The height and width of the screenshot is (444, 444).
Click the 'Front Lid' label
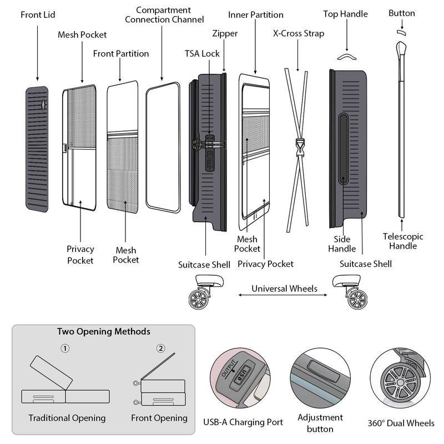click(x=38, y=14)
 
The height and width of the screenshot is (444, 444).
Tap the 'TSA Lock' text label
click(x=202, y=54)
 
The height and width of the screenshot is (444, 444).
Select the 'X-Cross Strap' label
click(x=299, y=33)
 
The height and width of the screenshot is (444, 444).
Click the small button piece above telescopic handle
click(x=401, y=33)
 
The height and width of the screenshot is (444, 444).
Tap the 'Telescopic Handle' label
click(x=403, y=241)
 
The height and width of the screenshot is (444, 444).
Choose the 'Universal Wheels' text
click(x=284, y=289)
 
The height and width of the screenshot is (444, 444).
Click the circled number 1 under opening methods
click(x=65, y=349)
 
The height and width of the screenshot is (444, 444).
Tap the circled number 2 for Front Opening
click(x=161, y=349)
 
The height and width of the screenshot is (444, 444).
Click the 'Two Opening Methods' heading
click(x=104, y=332)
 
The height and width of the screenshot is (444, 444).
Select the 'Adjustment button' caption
click(x=320, y=423)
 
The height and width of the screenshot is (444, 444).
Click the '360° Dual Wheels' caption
click(x=401, y=423)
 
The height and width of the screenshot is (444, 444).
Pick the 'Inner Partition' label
click(x=255, y=14)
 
